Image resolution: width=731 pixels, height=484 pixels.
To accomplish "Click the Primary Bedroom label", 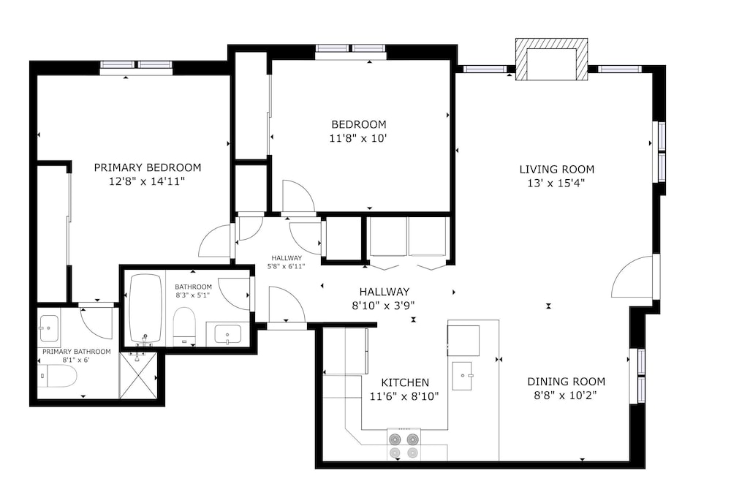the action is (x=148, y=167).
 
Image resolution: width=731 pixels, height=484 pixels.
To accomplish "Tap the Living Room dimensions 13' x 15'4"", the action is (x=556, y=184).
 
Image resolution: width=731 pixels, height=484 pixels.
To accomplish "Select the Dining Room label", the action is (x=566, y=382).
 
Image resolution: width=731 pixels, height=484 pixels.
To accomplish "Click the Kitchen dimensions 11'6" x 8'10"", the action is (x=404, y=396).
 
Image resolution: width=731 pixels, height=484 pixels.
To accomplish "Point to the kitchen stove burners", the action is (x=404, y=445).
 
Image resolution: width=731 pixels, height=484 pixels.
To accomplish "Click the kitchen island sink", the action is (x=463, y=376).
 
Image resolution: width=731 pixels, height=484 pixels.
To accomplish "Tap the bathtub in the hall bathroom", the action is (x=145, y=309).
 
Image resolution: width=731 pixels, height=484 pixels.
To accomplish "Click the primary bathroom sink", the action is (x=49, y=328).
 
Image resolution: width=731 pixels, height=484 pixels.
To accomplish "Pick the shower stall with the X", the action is (x=138, y=376).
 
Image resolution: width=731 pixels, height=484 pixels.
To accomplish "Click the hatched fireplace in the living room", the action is (x=551, y=59).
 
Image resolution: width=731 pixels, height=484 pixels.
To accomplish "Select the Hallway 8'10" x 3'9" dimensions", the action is (x=383, y=306).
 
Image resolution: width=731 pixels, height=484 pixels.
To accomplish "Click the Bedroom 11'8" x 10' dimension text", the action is (x=358, y=138).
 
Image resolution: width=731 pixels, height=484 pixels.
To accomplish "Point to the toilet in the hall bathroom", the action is (x=183, y=326).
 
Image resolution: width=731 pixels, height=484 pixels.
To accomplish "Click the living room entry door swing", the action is (x=632, y=276).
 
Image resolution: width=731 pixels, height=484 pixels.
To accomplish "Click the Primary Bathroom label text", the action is (x=77, y=352).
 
